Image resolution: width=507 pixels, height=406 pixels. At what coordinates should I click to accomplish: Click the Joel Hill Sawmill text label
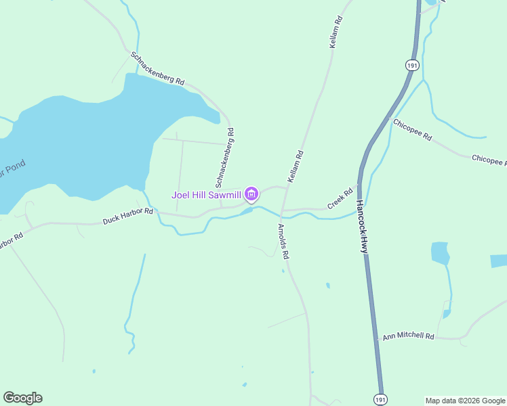tap(207, 195)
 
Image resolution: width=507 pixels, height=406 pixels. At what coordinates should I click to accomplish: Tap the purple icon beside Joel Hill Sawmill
tap(251, 195)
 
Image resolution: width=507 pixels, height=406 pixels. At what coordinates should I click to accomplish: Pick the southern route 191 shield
tap(381, 399)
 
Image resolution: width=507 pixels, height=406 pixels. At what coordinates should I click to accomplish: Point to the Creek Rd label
tap(341, 198)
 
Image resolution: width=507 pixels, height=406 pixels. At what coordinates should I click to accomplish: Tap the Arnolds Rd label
tap(283, 242)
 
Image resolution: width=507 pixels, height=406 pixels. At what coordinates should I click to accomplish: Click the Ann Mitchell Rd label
tap(408, 336)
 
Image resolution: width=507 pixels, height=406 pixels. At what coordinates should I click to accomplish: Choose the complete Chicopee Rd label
tap(412, 129)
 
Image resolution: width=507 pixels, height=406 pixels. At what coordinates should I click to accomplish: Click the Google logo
tap(22, 398)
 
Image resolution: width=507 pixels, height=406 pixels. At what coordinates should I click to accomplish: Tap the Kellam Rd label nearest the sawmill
tap(296, 166)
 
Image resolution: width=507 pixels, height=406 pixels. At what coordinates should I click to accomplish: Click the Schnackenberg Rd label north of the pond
tap(157, 68)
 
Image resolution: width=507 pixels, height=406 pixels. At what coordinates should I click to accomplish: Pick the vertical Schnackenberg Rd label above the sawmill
tap(225, 158)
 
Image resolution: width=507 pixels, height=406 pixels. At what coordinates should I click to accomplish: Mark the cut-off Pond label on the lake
tap(11, 169)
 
